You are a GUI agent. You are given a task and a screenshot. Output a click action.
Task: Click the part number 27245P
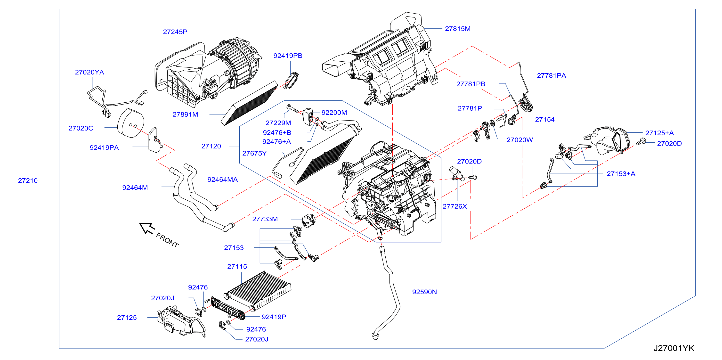(175, 32)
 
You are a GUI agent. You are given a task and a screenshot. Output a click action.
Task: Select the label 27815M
(458, 29)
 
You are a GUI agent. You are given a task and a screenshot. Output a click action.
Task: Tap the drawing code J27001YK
(674, 348)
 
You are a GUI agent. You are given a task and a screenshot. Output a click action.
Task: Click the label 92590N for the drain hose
(424, 292)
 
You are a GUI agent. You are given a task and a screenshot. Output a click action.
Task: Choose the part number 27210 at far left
(28, 180)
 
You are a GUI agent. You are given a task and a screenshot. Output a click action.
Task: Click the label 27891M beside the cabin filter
(185, 115)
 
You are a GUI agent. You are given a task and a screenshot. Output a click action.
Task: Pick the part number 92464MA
(223, 180)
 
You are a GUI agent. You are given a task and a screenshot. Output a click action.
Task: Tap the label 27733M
(265, 219)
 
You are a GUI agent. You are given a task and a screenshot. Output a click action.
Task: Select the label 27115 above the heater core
(237, 267)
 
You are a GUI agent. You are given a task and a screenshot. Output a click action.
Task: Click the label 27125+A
(659, 133)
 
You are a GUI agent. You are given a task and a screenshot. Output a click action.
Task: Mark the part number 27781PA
(551, 75)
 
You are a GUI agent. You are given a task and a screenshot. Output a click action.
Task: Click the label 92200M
(334, 112)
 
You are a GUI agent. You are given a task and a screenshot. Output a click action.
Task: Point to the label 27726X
(454, 206)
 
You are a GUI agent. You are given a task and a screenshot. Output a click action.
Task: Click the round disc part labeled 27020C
(131, 123)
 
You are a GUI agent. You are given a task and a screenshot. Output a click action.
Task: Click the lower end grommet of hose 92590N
(375, 335)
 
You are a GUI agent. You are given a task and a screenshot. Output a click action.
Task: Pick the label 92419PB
(288, 56)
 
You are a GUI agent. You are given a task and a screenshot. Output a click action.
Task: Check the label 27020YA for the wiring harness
(89, 72)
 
